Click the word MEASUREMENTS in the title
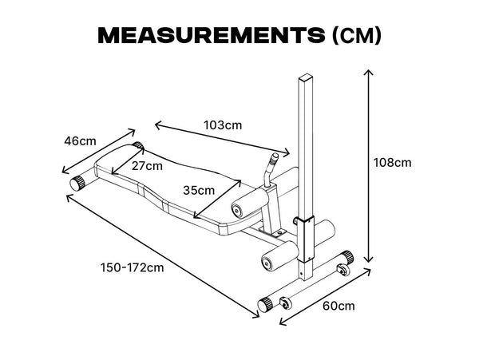[212, 35]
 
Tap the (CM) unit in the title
[357, 35]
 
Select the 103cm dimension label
[223, 125]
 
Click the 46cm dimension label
[80, 141]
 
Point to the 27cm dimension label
[147, 166]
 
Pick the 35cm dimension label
[199, 191]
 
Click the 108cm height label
[393, 163]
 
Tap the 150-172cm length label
[133, 267]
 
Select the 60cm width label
[338, 306]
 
